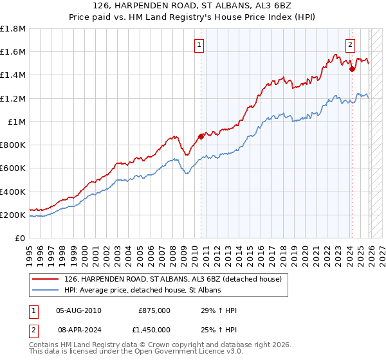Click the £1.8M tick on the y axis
[x=13, y=29]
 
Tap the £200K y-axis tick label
[x=13, y=215]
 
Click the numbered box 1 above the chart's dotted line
[x=199, y=45]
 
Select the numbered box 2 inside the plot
[x=351, y=45]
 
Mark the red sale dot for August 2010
[x=201, y=136]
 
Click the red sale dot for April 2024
[x=352, y=69]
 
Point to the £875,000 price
[x=154, y=310]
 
